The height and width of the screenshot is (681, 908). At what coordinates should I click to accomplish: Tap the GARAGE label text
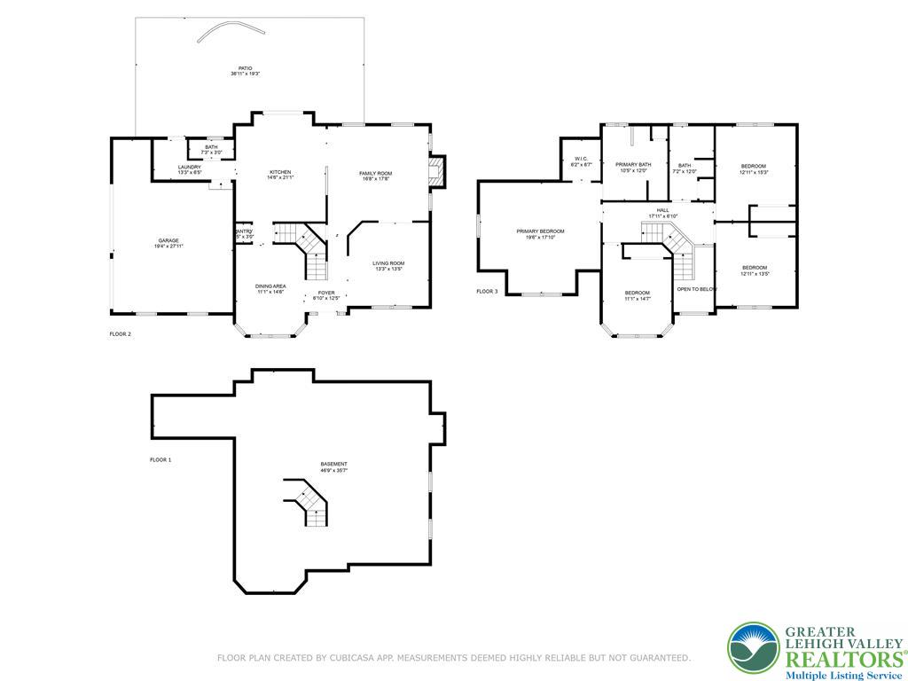(168, 240)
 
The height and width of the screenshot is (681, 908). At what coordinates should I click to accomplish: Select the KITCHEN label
(280, 172)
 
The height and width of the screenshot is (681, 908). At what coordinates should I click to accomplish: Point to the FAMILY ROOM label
(375, 173)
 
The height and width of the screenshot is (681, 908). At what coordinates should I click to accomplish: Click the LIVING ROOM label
(387, 263)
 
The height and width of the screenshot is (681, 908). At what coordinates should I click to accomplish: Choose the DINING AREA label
(270, 286)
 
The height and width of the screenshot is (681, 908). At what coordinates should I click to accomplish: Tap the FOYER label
(326, 293)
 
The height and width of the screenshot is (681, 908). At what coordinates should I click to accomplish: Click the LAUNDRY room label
(189, 167)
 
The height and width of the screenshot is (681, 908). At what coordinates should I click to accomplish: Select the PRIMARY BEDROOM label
(540, 231)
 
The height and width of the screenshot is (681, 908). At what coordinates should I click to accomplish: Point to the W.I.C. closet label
(581, 160)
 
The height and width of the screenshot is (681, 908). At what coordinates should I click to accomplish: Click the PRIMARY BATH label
(633, 164)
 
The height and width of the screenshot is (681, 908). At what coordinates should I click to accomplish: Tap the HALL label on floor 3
(662, 210)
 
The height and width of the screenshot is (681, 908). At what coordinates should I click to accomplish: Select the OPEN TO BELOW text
(696, 289)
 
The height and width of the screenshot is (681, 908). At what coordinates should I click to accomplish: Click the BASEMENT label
(333, 465)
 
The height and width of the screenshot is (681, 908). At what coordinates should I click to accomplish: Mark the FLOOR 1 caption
(160, 460)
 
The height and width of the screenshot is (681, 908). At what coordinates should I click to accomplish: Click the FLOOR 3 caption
(487, 292)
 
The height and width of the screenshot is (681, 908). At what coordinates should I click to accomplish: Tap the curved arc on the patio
(231, 31)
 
